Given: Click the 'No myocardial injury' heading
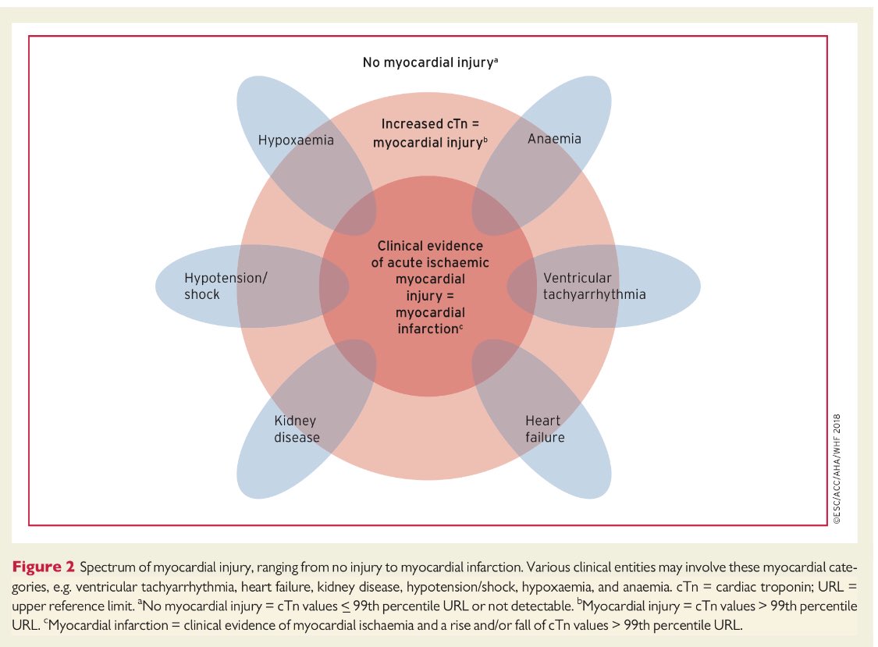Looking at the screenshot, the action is tap(427, 62).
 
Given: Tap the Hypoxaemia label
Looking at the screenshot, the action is tap(296, 140).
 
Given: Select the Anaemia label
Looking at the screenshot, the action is tap(554, 139).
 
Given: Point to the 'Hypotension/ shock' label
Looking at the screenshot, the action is tap(226, 286).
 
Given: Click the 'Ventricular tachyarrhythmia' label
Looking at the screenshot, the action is tap(594, 286).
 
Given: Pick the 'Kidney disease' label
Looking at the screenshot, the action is tap(297, 429).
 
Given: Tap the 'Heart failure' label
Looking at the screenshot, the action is tap(545, 429).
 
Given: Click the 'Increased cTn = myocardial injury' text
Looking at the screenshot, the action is tap(430, 133).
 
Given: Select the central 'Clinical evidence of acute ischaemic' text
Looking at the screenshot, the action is tap(430, 254).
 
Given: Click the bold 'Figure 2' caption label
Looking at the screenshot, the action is tap(43, 567).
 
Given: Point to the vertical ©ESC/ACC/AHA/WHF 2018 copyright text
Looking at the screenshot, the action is tap(837, 469).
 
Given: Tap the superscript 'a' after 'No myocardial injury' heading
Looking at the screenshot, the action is tap(496, 59).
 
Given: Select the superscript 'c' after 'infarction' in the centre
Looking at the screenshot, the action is tap(461, 325).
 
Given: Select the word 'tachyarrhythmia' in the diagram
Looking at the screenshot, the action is tap(594, 295).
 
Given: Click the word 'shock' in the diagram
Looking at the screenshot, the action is tap(202, 295).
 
